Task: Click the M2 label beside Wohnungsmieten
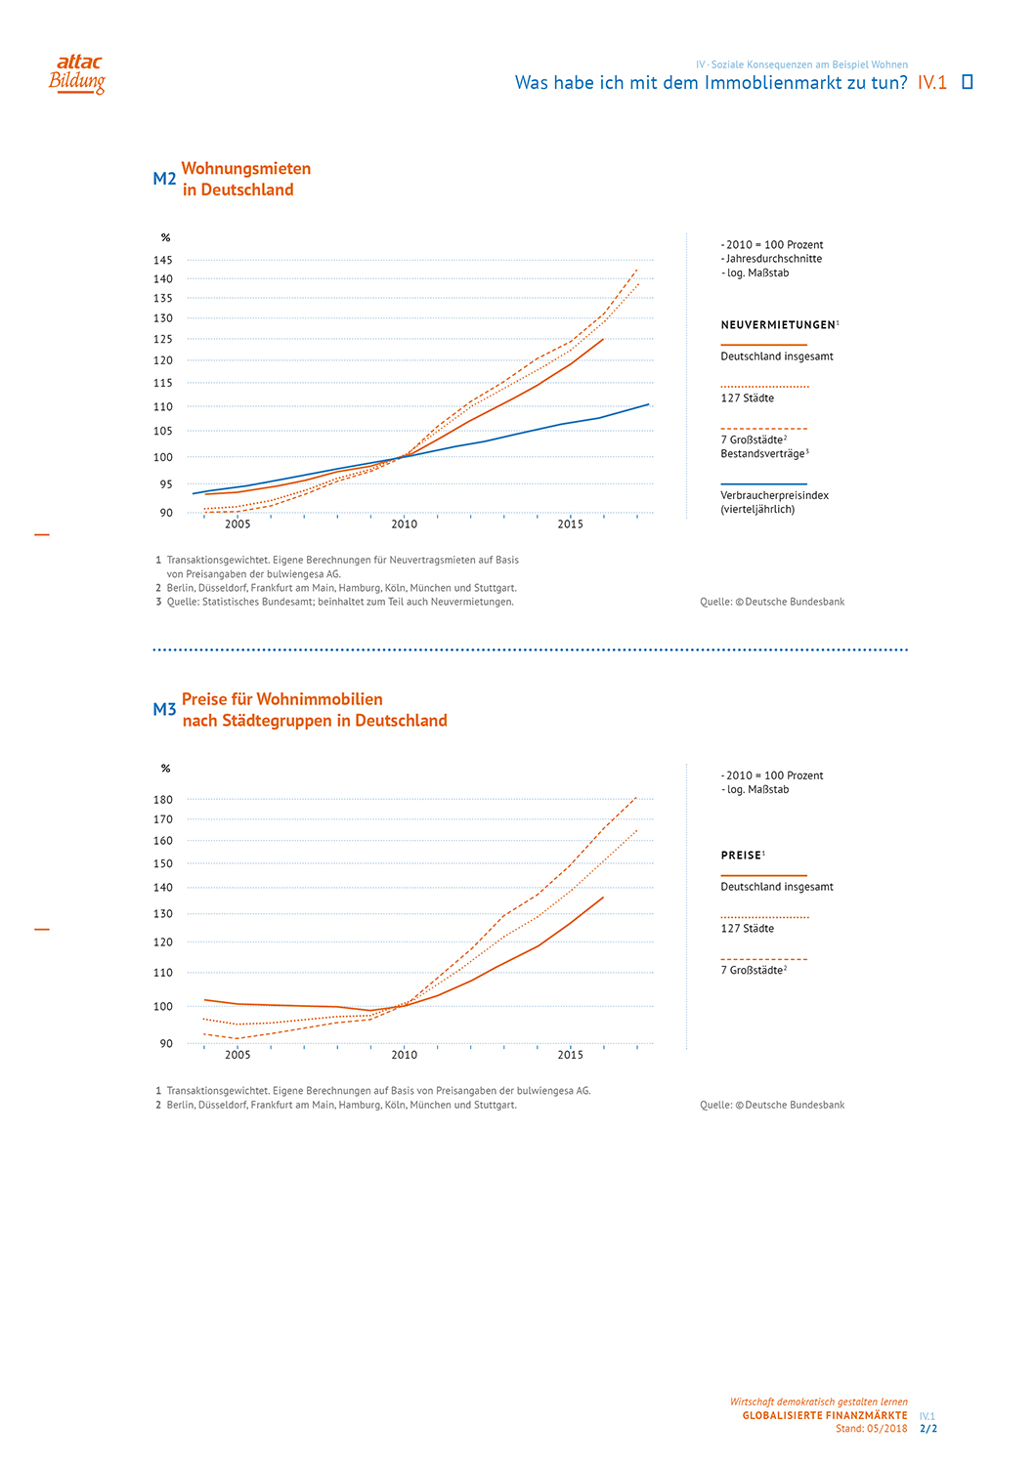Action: (164, 179)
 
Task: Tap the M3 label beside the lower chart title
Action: (164, 710)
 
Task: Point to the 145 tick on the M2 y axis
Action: (162, 260)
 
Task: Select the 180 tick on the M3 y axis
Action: (162, 799)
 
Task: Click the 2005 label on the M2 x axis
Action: (237, 524)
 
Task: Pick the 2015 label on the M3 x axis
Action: (570, 1055)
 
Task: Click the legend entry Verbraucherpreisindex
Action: (774, 496)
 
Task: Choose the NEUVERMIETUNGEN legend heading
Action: (778, 325)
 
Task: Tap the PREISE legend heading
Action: (741, 856)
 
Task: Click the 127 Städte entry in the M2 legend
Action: (748, 398)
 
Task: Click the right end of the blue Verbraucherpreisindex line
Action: (648, 404)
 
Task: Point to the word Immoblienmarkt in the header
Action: (769, 83)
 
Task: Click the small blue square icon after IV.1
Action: (968, 82)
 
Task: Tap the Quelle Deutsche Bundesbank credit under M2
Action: (772, 602)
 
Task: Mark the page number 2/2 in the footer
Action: (928, 1429)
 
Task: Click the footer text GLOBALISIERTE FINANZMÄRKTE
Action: (824, 1415)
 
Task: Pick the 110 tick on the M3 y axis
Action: (162, 973)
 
